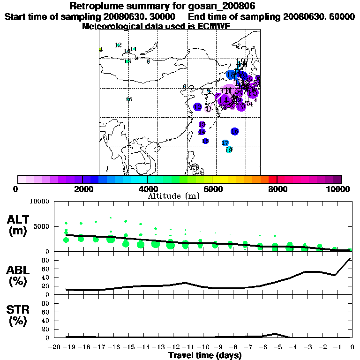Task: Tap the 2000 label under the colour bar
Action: pyautogui.click(x=82, y=189)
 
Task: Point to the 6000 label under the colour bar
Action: pyautogui.click(x=212, y=189)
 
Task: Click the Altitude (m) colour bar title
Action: pyautogui.click(x=173, y=196)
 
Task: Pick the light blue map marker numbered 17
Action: pyautogui.click(x=225, y=142)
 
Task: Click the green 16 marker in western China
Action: pyautogui.click(x=128, y=99)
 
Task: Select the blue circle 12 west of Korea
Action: pyautogui.click(x=197, y=107)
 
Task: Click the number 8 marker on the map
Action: pyautogui.click(x=148, y=61)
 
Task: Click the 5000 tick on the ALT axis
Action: pyautogui.click(x=42, y=226)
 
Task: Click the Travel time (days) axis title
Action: pyautogui.click(x=205, y=355)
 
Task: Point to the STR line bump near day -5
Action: pyautogui.click(x=276, y=334)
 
